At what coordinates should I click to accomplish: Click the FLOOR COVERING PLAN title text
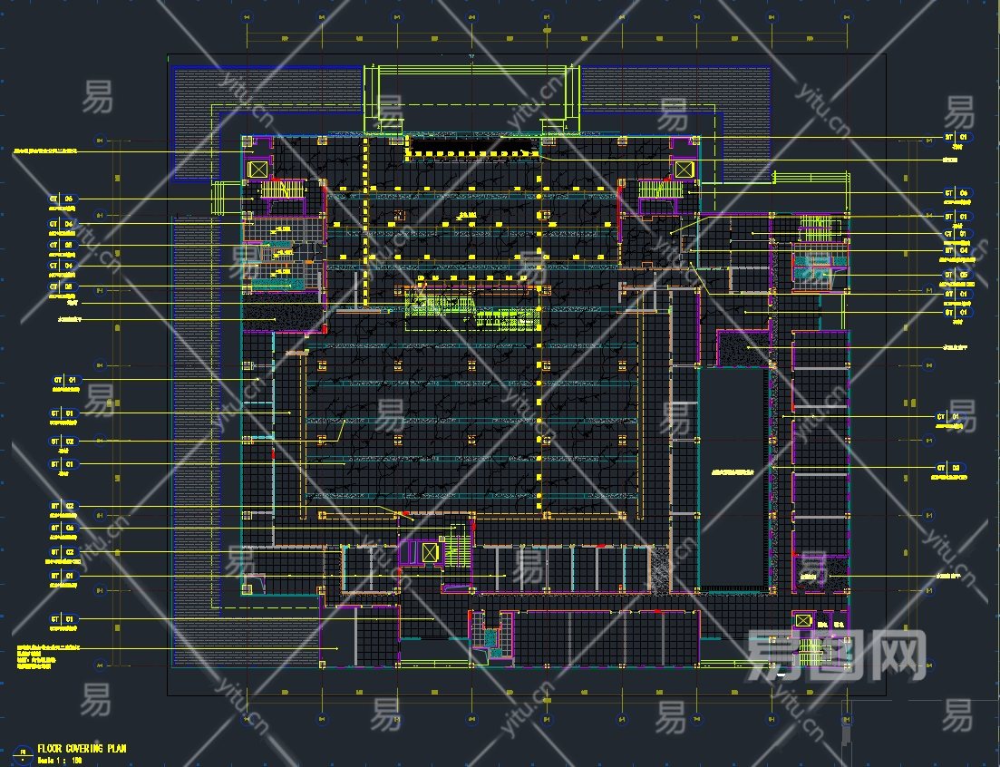(x=82, y=749)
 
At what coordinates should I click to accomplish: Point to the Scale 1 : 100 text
(x=61, y=759)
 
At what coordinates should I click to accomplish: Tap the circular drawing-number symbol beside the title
(x=23, y=752)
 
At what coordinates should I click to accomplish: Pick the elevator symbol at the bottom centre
(x=430, y=551)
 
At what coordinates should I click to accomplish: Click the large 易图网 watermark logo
(x=834, y=655)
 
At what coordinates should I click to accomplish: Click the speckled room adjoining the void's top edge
(x=743, y=347)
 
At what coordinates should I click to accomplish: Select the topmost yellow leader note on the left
(x=54, y=150)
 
